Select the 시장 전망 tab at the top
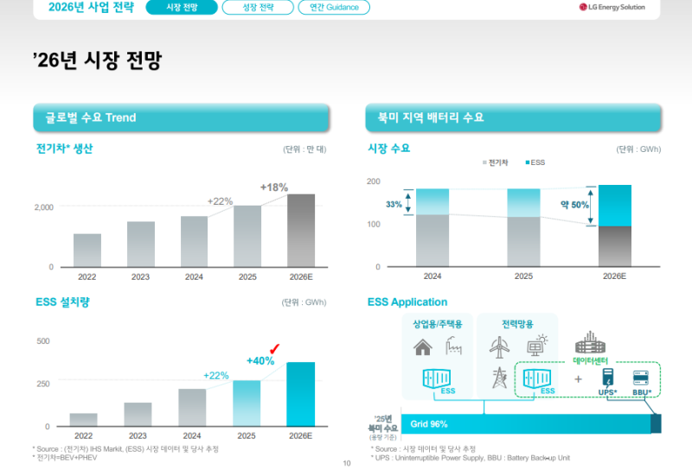pyautogui.click(x=181, y=8)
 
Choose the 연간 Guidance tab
pyautogui.click(x=334, y=8)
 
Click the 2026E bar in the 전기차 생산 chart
pyautogui.click(x=301, y=231)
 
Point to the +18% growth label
pyautogui.click(x=273, y=187)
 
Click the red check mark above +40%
pyautogui.click(x=275, y=347)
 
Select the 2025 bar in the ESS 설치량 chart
pyautogui.click(x=247, y=403)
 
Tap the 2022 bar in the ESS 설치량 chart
pyautogui.click(x=84, y=420)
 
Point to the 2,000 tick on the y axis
pyautogui.click(x=43, y=207)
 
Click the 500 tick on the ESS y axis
pyautogui.click(x=42, y=341)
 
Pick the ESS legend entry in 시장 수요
pyautogui.click(x=533, y=162)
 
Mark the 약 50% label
pyautogui.click(x=573, y=206)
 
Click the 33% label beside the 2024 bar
pyautogui.click(x=394, y=205)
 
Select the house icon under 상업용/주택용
pyautogui.click(x=423, y=348)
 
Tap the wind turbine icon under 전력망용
pyautogui.click(x=499, y=346)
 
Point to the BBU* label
pyautogui.click(x=642, y=391)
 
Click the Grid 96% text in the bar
pyautogui.click(x=428, y=423)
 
